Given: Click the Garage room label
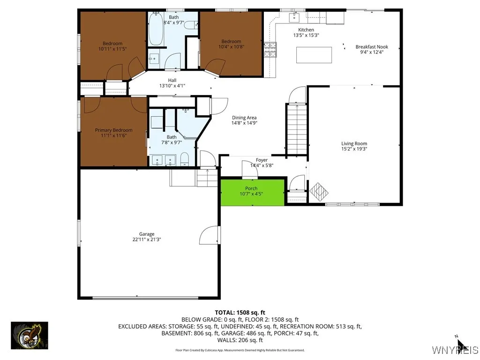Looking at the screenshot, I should click(x=146, y=234).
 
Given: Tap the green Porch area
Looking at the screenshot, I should click(x=252, y=191).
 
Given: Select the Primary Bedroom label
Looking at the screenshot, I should click(x=113, y=130).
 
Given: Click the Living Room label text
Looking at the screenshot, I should click(x=354, y=143).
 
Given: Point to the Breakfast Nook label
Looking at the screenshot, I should click(x=371, y=47).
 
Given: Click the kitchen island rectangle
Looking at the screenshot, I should click(x=314, y=55).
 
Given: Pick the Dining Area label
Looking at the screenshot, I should click(x=244, y=118).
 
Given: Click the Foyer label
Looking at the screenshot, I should click(x=262, y=160).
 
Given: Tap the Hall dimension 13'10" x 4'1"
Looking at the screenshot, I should click(x=172, y=86).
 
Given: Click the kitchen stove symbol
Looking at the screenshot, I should click(x=270, y=50).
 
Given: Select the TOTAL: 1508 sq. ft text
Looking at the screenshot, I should click(x=240, y=312).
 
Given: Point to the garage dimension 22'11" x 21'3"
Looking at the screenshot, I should click(x=146, y=240).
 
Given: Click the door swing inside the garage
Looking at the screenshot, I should click(x=209, y=235).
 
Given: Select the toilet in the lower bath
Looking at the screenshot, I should click(x=184, y=159).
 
